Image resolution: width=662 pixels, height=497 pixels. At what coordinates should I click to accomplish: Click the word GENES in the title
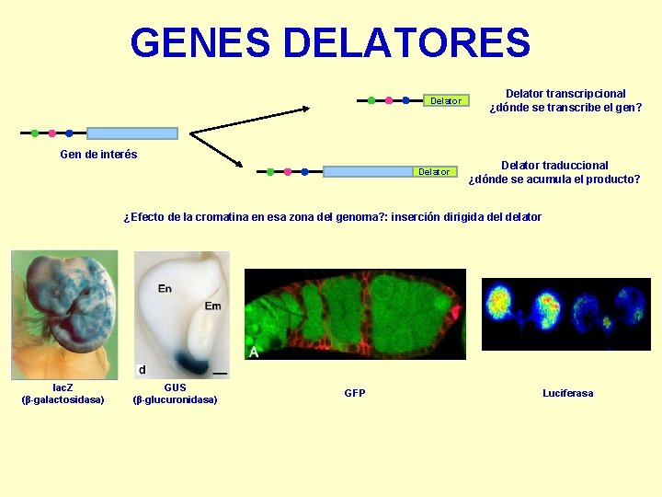tap(200, 43)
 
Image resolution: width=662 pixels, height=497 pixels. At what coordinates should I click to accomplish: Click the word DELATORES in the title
tap(406, 43)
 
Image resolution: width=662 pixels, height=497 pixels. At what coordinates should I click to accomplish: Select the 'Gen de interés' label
tap(98, 155)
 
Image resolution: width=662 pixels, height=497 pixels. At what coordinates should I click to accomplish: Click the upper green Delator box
tap(446, 100)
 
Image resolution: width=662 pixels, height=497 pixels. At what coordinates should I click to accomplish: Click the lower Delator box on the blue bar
tap(434, 171)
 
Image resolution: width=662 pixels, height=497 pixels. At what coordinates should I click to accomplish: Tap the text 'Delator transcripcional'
tap(565, 93)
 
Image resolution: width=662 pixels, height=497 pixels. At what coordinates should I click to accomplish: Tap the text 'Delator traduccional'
tap(554, 165)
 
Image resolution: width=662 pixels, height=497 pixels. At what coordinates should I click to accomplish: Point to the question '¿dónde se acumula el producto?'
tap(554, 179)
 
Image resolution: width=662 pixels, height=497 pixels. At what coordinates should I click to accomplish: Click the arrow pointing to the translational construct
tap(217, 150)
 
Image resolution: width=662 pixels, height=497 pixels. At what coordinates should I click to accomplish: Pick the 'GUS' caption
tap(175, 387)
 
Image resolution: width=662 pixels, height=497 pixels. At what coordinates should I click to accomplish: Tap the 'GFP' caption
tap(355, 393)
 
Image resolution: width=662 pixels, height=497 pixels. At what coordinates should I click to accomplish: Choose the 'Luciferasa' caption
tap(567, 393)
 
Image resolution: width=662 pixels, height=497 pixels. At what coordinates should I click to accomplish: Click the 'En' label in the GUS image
tap(165, 289)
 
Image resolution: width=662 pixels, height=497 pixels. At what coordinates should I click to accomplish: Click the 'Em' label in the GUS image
tap(212, 306)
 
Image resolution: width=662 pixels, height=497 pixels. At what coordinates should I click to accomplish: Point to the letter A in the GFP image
tap(254, 352)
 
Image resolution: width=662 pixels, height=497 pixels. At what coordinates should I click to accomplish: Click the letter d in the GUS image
tap(142, 369)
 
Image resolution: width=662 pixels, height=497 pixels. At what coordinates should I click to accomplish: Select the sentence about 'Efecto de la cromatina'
tap(332, 217)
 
